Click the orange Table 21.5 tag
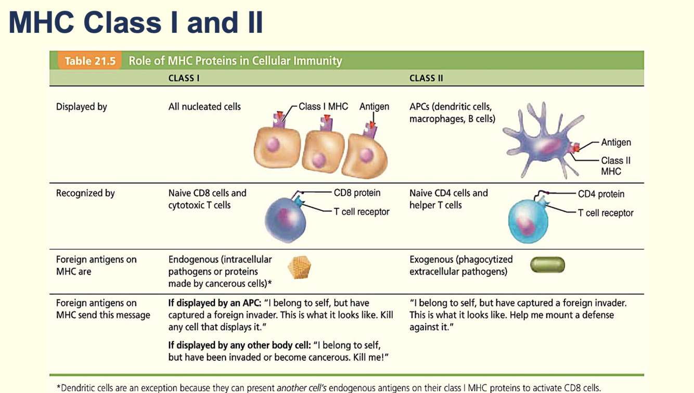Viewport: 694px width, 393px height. click(x=89, y=61)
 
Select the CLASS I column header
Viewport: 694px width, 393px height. click(x=184, y=78)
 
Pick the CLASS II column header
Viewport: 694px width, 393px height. click(x=426, y=78)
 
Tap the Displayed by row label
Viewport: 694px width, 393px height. click(x=82, y=107)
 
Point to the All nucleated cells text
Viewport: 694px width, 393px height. click(x=204, y=107)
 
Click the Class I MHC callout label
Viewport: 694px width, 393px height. click(x=323, y=107)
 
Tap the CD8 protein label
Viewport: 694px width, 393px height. click(x=357, y=193)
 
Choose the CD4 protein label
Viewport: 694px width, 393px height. click(x=601, y=194)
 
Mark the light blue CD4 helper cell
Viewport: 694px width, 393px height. click(x=528, y=221)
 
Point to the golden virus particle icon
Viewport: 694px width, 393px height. click(x=299, y=267)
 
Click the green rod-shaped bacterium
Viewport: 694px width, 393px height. click(x=547, y=265)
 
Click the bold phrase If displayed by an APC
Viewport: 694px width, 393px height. click(x=214, y=303)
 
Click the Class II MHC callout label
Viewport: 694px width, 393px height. click(x=615, y=166)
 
